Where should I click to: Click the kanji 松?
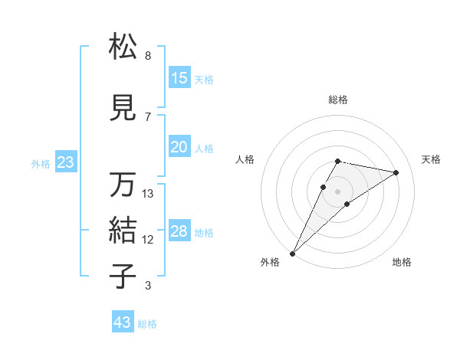click(123, 47)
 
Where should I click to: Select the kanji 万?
click(123, 185)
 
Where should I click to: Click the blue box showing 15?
click(179, 78)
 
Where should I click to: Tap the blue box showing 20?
click(179, 147)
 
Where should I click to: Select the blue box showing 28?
click(179, 231)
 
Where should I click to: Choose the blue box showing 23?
click(64, 162)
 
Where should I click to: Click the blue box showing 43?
click(122, 322)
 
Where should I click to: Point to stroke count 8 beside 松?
click(147, 56)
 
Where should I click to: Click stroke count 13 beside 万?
click(148, 194)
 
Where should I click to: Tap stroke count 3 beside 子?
click(147, 286)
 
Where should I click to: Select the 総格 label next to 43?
click(147, 324)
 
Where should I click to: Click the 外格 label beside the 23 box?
click(40, 163)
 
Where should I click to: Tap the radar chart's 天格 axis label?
click(431, 159)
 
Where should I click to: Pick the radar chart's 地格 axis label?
click(402, 262)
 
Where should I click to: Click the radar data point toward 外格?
click(292, 253)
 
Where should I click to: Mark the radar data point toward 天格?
click(396, 172)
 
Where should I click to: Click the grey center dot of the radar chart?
click(337, 191)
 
